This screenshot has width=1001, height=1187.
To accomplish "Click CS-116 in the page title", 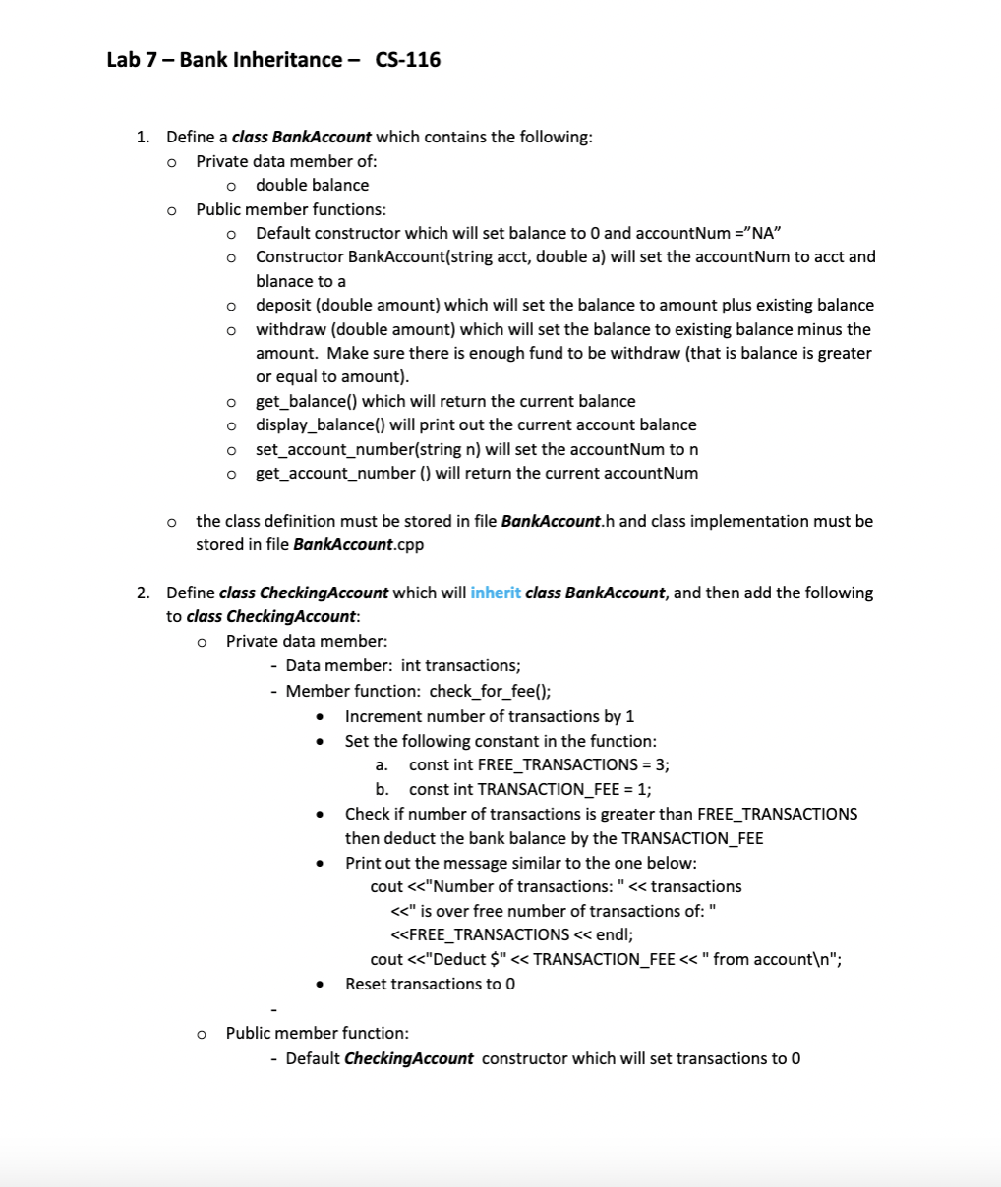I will (x=408, y=60).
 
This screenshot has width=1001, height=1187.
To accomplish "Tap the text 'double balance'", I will (x=312, y=185).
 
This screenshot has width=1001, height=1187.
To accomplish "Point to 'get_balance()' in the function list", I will (x=307, y=401).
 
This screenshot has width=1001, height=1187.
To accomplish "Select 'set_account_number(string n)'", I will (x=368, y=449).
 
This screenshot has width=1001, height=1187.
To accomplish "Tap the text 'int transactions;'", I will (x=460, y=665).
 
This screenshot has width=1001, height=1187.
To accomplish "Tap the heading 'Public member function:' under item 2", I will (x=317, y=1033).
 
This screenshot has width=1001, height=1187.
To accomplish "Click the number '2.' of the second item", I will (x=144, y=593).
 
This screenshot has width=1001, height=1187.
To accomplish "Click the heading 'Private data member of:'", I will (x=286, y=160).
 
